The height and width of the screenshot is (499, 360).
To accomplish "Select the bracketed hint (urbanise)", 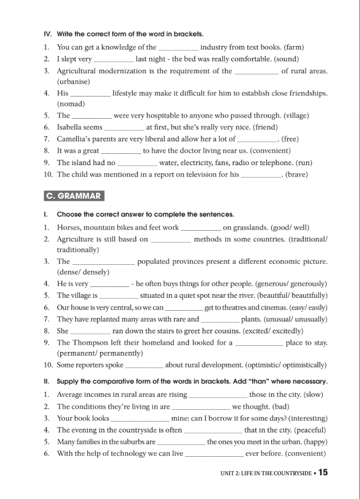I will pyautogui.click(x=73, y=82).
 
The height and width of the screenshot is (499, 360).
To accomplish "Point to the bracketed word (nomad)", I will pyautogui.click(x=71, y=104).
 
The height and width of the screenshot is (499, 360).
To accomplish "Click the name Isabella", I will pyautogui.click(x=72, y=127).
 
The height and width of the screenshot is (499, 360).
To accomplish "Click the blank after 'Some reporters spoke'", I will pyautogui.click(x=144, y=365).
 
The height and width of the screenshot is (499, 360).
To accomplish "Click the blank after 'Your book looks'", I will pyautogui.click(x=140, y=418).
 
